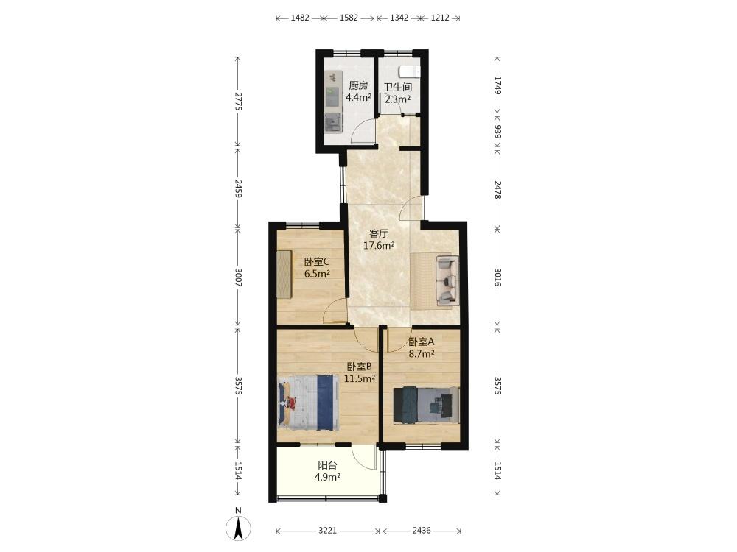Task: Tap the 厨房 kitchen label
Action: click(x=358, y=85)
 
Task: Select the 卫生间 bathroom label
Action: click(x=398, y=88)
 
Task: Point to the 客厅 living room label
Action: click(x=378, y=233)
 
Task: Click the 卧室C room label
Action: click(x=317, y=261)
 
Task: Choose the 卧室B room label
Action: click(x=360, y=367)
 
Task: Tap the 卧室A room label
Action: click(x=421, y=342)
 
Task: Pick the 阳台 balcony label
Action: click(x=328, y=465)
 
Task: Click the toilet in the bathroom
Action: click(x=409, y=72)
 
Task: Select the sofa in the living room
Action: click(x=447, y=280)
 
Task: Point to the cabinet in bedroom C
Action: click(x=284, y=274)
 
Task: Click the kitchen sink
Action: click(x=333, y=122)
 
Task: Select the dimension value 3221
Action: click(x=328, y=531)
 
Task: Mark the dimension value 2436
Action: click(x=421, y=531)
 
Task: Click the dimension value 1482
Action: click(x=300, y=18)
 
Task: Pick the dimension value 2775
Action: click(x=238, y=102)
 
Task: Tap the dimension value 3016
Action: click(x=497, y=277)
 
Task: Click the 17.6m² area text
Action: click(x=379, y=245)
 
